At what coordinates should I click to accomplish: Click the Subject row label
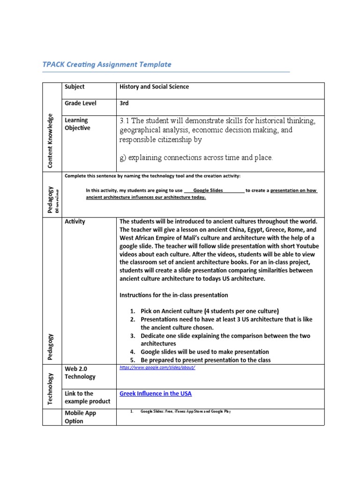coord(75,87)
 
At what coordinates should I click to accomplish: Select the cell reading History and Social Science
coord(154,87)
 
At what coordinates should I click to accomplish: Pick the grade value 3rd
coord(124,103)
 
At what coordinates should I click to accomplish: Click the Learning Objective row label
coord(77,124)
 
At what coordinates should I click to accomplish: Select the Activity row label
coord(75,222)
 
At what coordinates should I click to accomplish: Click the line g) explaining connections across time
coord(196,158)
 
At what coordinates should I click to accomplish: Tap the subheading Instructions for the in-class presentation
coord(174,295)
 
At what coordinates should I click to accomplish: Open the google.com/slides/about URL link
coord(157,367)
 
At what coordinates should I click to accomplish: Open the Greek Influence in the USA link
coord(156,393)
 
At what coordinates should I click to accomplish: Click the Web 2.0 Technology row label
coord(80,373)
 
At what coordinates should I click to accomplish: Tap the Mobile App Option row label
coord(80,417)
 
